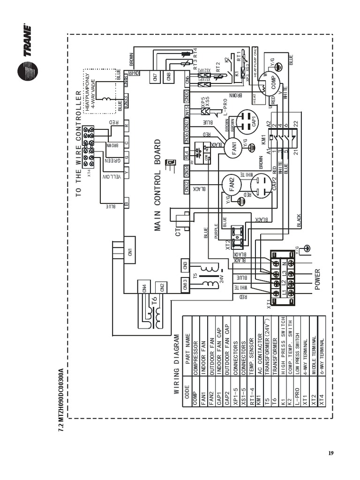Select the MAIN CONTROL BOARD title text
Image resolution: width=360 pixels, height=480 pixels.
point(158,185)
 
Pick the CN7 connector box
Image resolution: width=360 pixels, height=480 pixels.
point(155,76)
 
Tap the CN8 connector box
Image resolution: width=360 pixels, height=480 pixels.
point(169,76)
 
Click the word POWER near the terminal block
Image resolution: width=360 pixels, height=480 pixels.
point(318,279)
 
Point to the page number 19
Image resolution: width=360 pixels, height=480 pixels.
point(330,453)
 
